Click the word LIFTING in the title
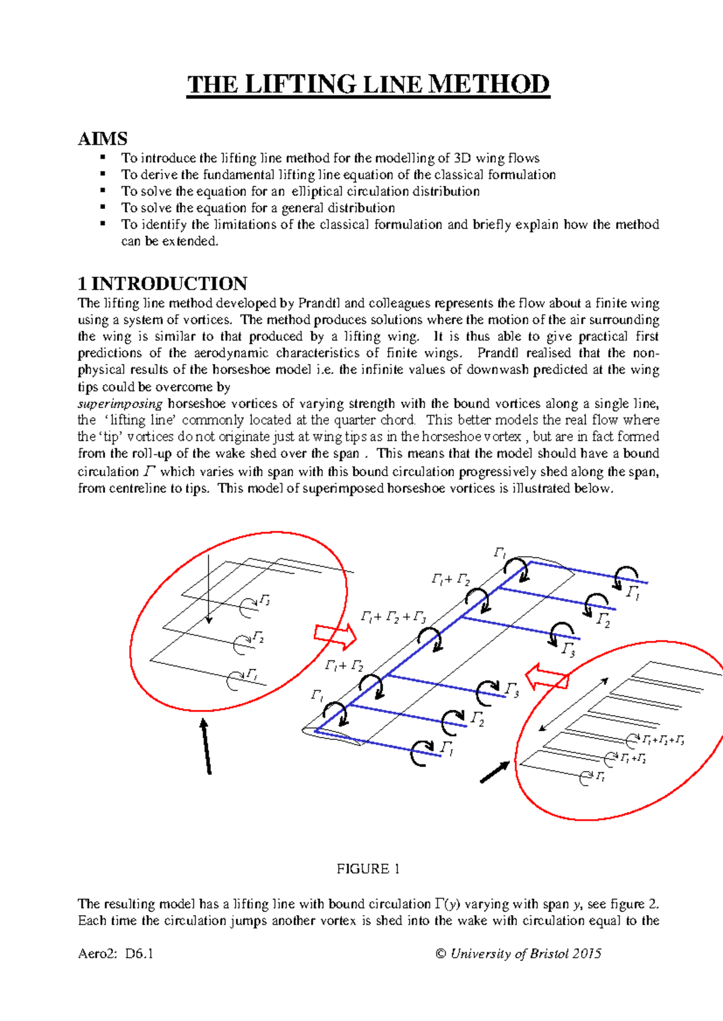click(301, 84)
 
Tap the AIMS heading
click(102, 139)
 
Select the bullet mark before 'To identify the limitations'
click(103, 224)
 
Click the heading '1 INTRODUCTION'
click(162, 284)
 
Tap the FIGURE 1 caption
click(368, 869)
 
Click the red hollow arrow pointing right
click(335, 635)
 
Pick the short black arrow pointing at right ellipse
click(495, 772)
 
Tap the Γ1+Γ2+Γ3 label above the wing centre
click(393, 617)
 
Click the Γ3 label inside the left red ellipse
click(264, 600)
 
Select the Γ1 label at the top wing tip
click(499, 553)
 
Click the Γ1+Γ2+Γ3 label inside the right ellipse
click(663, 740)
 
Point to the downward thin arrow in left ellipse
click(208, 589)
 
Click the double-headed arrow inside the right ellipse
click(573, 704)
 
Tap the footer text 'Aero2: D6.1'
click(116, 954)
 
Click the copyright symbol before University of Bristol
click(440, 954)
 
